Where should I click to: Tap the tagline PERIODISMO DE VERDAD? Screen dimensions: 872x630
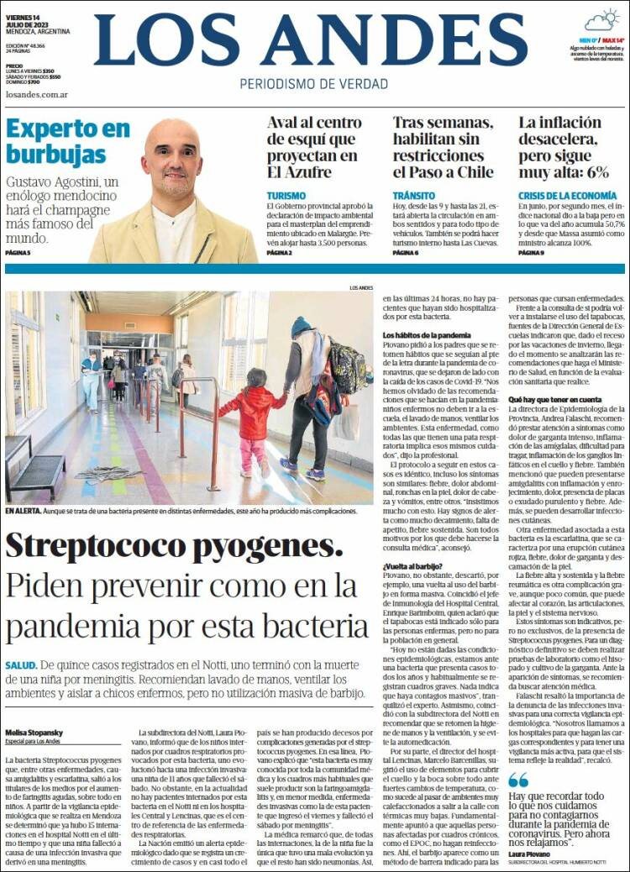pyautogui.click(x=314, y=84)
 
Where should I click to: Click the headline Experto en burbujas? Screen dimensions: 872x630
pyautogui.click(x=68, y=141)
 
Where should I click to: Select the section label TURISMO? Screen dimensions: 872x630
pyautogui.click(x=286, y=195)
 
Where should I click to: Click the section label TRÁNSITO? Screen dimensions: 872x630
pyautogui.click(x=413, y=195)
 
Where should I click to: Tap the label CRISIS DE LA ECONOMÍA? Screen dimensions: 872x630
pyautogui.click(x=567, y=195)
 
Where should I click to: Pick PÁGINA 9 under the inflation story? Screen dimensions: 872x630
pyautogui.click(x=531, y=252)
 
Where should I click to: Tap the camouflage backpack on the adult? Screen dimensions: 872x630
pyautogui.click(x=347, y=367)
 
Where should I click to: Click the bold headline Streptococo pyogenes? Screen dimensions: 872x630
pyautogui.click(x=168, y=546)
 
